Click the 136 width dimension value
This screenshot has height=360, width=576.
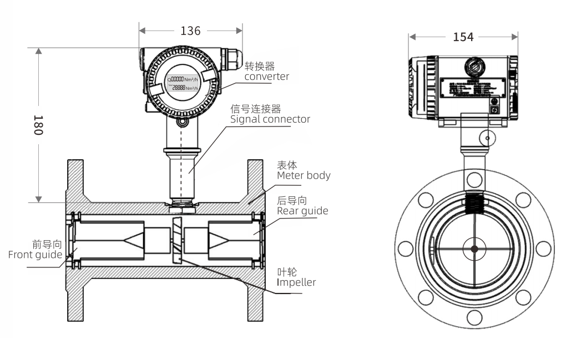(x=190, y=31)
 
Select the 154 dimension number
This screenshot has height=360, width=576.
(x=463, y=37)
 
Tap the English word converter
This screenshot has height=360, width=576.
(x=266, y=77)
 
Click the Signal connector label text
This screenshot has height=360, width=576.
(x=270, y=119)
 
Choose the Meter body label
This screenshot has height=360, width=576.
(x=304, y=176)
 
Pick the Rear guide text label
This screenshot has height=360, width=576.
(x=302, y=211)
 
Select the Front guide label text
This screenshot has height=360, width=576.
(x=35, y=255)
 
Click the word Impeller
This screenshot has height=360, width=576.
(x=296, y=282)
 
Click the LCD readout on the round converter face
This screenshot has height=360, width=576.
(x=185, y=83)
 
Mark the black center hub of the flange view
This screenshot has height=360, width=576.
(x=474, y=249)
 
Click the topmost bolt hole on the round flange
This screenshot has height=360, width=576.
(x=474, y=179)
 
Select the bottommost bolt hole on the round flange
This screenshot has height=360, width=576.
(x=474, y=318)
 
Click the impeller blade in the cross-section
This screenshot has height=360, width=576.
(x=176, y=240)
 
